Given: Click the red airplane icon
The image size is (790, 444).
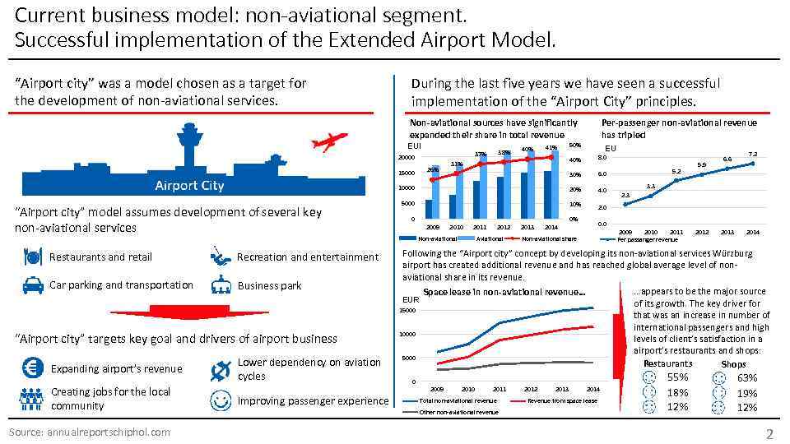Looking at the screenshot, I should pos(328,142).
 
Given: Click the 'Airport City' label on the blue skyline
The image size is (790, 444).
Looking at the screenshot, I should pos(189,185).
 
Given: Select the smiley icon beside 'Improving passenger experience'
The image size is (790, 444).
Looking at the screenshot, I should pos(220,400).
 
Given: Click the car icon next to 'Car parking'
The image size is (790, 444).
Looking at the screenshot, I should pos(30,285).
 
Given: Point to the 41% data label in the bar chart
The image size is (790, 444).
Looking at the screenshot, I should pos(551,149).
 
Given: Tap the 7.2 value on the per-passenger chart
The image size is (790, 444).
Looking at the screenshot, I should pos(751,154).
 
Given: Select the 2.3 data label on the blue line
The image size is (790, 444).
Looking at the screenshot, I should pos(625,195).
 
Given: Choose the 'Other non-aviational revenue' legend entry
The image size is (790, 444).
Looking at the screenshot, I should pos(458,411).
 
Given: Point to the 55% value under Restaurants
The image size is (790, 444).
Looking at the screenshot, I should pos(677,377).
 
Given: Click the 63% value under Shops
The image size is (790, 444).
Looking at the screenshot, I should pos(747,377).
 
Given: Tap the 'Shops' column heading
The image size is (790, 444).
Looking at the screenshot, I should pos(732,363).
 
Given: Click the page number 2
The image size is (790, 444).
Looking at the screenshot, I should pos(769,433).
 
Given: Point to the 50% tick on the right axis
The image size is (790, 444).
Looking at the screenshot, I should pos(574,146).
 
